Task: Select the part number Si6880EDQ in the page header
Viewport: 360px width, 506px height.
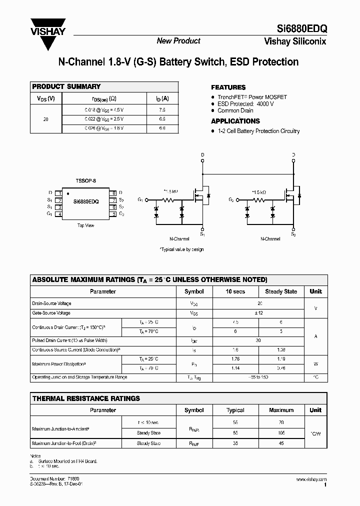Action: coord(302,29)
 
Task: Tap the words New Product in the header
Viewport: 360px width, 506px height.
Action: coord(178,41)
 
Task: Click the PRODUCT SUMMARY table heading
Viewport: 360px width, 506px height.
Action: coord(66,86)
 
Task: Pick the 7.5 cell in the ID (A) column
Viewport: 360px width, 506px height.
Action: coord(162,109)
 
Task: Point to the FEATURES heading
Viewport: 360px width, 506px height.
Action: coord(228,87)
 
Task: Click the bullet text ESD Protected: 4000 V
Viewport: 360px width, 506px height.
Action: coord(245,103)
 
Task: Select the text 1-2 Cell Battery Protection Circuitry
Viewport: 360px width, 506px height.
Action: coord(258,131)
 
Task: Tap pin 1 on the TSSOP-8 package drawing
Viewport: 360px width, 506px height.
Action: coord(59,192)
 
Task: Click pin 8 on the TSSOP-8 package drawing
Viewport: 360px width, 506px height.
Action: coord(113,192)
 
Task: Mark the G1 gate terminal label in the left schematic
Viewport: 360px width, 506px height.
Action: coord(140,199)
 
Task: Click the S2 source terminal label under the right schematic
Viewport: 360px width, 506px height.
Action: coord(293,233)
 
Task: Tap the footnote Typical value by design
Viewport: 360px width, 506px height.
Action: coord(181,249)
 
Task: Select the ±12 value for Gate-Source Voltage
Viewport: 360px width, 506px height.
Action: coord(259,313)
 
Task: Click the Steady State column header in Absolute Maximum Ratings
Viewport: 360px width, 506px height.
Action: coord(281,291)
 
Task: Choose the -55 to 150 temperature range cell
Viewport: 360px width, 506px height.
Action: coord(259,377)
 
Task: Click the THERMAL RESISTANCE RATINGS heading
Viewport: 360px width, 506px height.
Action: coord(86,398)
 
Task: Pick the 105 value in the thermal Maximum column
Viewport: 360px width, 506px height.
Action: coord(281,433)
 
